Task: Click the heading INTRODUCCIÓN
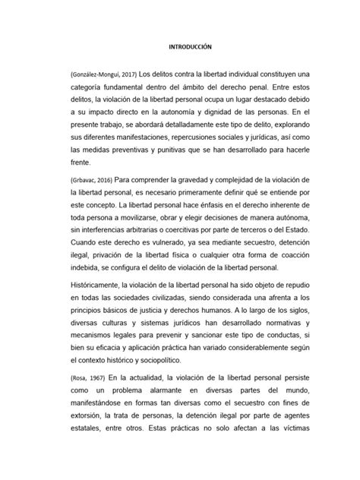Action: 180,46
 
